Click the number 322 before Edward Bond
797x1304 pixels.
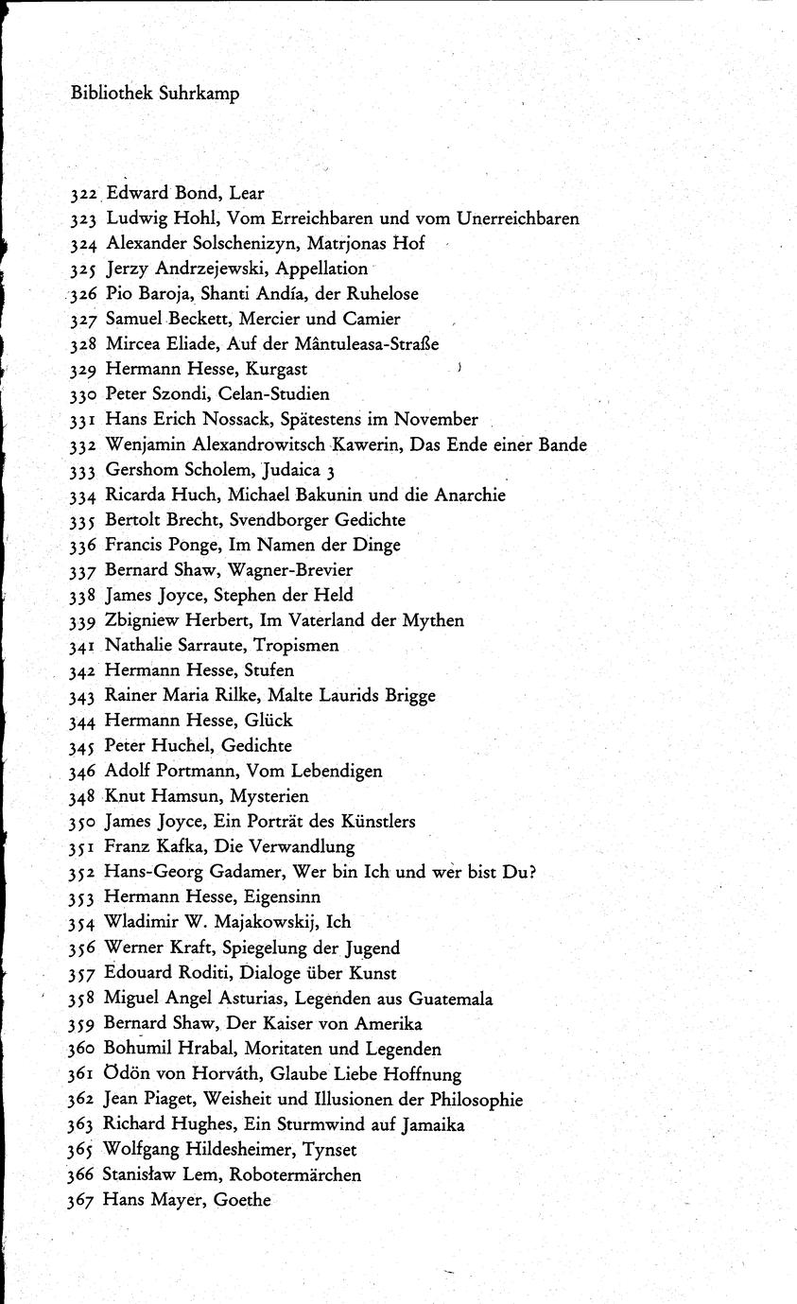pos(84,194)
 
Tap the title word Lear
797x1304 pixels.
pos(247,193)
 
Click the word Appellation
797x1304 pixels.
pos(321,269)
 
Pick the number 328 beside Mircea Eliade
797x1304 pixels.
pos(84,344)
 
